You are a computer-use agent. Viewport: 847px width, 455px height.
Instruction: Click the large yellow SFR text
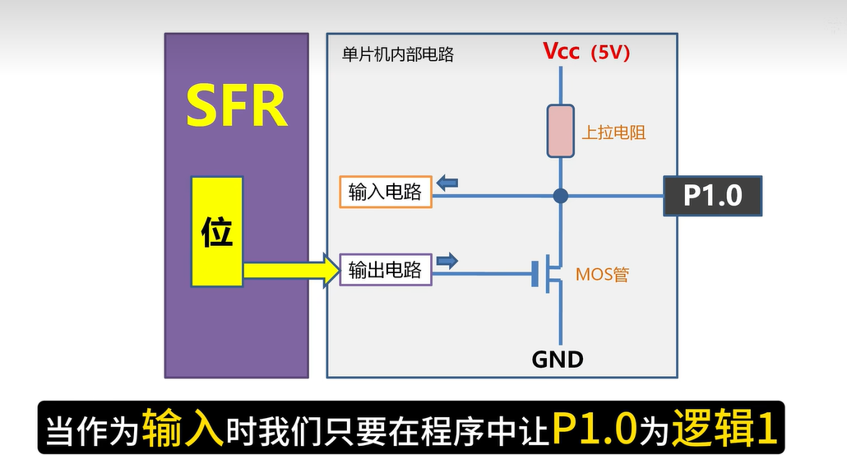[237, 104]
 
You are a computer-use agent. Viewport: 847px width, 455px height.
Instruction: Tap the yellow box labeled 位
[217, 231]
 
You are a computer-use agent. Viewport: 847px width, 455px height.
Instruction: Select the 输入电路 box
[385, 192]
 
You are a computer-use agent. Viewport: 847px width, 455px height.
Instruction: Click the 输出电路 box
[385, 270]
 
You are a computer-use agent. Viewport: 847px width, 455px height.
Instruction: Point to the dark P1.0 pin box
[712, 196]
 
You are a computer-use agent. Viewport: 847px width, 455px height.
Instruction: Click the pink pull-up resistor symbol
[561, 130]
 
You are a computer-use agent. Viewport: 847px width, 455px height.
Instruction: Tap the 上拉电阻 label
[613, 132]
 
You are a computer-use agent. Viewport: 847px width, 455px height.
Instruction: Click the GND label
[558, 360]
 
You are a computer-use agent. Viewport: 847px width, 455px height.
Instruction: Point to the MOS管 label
[602, 274]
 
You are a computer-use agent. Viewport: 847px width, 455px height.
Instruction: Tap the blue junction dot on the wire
[561, 196]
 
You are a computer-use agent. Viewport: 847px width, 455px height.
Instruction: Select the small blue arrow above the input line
[447, 183]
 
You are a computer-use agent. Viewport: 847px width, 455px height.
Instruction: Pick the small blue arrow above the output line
[447, 262]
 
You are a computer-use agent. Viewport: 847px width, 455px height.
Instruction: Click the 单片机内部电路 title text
[398, 55]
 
